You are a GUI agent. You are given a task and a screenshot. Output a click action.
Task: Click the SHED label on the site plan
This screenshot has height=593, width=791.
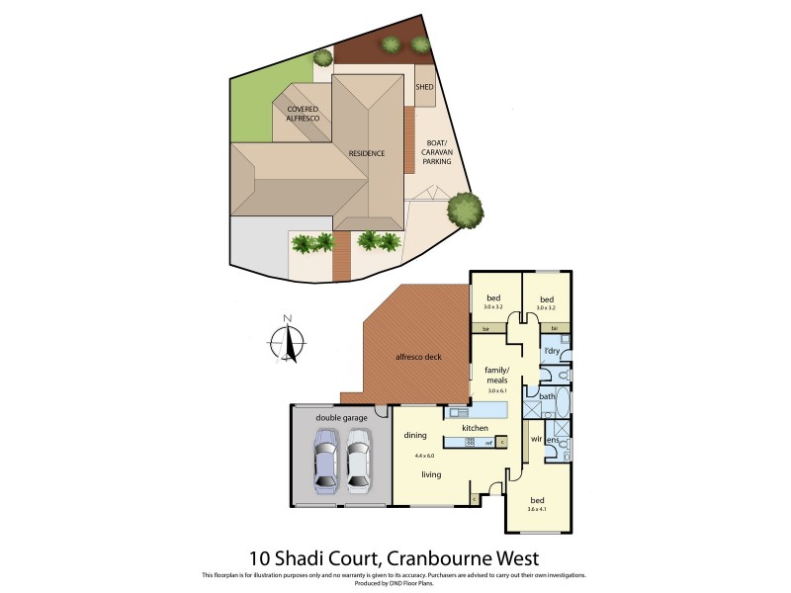click(424, 88)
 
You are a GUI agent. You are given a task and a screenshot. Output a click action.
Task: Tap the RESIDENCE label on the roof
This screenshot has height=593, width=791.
click(366, 154)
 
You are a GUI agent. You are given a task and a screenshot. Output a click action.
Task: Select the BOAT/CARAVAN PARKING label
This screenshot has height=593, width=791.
click(436, 151)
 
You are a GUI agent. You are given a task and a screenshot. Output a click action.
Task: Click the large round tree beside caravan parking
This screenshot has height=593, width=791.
click(464, 210)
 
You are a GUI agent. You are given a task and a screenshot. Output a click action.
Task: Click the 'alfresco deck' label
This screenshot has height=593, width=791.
click(417, 355)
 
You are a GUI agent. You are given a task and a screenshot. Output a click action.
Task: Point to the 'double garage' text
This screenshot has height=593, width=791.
click(341, 418)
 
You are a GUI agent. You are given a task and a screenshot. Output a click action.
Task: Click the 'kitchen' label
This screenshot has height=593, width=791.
click(477, 428)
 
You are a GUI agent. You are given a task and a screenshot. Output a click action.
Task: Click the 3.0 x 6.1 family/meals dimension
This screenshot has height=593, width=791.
click(496, 390)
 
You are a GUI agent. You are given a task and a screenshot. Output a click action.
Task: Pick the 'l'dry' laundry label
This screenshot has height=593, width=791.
click(552, 351)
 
